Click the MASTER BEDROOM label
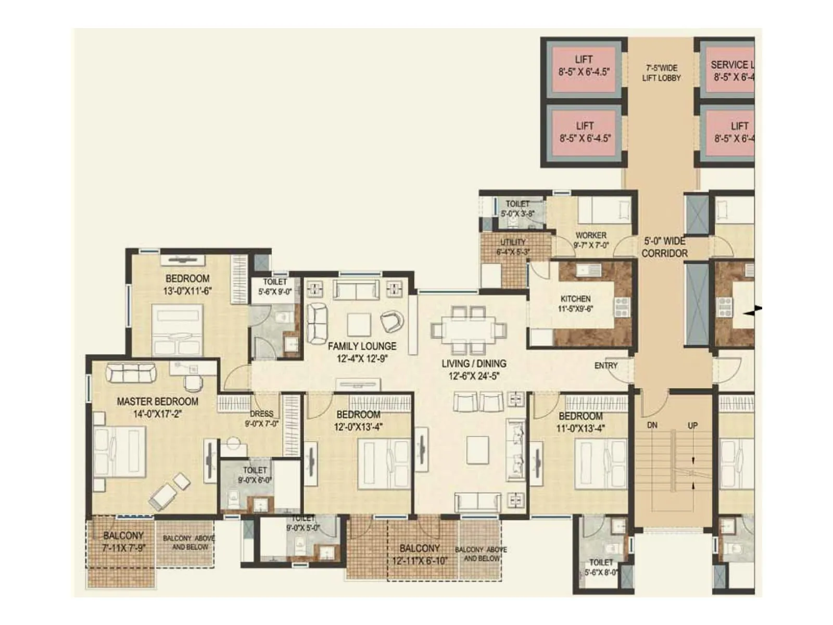click(x=157, y=402)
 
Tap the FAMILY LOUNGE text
click(x=362, y=346)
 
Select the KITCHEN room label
click(x=575, y=299)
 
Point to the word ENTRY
click(x=605, y=366)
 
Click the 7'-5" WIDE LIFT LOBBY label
click(x=661, y=73)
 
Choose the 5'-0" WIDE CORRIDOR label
click(x=664, y=247)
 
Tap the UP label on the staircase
click(x=692, y=426)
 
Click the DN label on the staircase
click(x=652, y=426)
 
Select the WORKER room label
click(x=591, y=235)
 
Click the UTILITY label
click(x=513, y=242)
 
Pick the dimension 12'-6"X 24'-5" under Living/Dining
click(x=474, y=376)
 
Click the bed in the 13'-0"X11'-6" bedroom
click(x=177, y=330)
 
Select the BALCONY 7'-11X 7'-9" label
click(x=123, y=541)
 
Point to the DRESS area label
click(x=261, y=414)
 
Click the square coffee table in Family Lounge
click(x=359, y=324)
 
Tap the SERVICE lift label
click(x=731, y=65)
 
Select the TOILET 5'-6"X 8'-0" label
click(x=601, y=567)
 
